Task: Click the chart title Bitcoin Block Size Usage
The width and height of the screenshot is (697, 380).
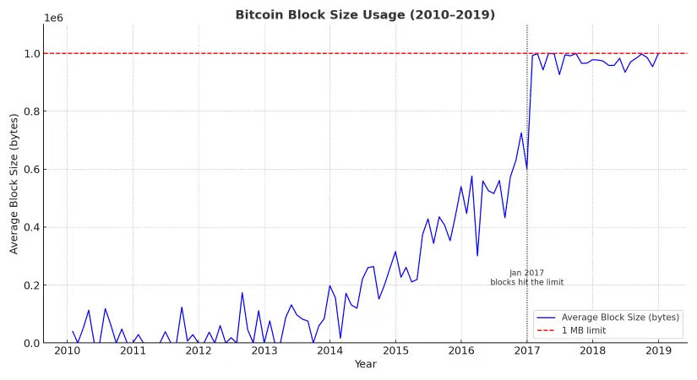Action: click(365, 15)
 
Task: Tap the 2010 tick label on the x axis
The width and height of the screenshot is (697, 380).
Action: click(68, 350)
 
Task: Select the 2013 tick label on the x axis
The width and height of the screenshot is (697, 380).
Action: click(264, 350)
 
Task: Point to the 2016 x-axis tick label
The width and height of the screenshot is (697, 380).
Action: click(461, 350)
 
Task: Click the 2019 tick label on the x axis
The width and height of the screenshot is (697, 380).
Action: click(658, 350)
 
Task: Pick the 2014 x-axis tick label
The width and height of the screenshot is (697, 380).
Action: click(329, 350)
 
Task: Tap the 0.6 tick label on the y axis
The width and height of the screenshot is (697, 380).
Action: click(31, 170)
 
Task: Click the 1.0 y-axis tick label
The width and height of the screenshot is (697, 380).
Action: click(31, 54)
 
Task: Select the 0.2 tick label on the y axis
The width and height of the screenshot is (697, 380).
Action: click(31, 285)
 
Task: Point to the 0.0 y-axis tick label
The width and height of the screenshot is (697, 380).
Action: click(31, 344)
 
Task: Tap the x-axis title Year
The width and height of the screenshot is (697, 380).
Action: click(365, 364)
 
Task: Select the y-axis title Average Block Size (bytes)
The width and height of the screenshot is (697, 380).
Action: click(14, 183)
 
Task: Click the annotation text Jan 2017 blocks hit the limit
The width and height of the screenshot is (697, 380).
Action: click(526, 278)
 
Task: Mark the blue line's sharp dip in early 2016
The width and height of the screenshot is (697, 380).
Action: click(477, 256)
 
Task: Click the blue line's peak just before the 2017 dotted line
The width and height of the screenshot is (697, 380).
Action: click(521, 133)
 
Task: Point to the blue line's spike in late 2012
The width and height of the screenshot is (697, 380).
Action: click(242, 293)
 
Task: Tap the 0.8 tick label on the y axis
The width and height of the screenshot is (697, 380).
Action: click(31, 111)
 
